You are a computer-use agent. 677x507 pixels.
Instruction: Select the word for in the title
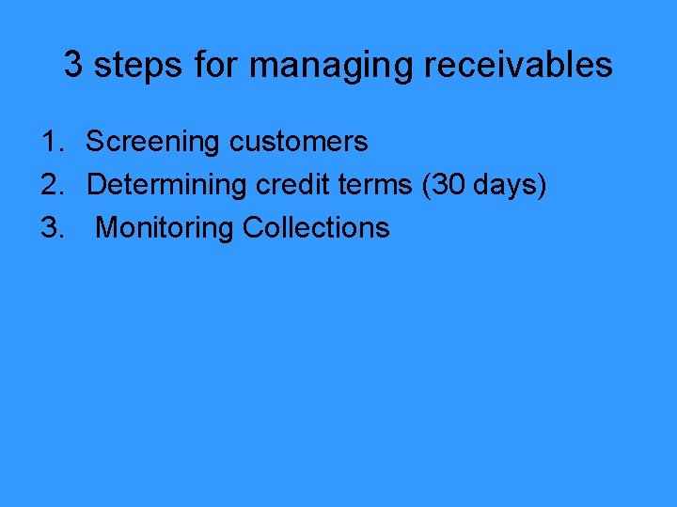click(217, 65)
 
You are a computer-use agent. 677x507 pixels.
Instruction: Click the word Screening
click(153, 143)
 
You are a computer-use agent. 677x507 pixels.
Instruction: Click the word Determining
click(165, 186)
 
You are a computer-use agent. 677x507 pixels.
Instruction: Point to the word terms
click(370, 185)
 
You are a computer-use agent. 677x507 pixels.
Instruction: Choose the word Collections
click(316, 228)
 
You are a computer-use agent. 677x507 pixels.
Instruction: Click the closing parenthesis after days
click(541, 186)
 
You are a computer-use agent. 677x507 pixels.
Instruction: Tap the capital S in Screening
click(95, 142)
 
